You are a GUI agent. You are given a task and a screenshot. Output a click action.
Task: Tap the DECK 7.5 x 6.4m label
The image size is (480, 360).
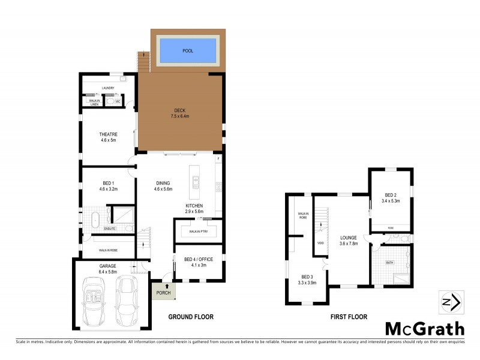(179, 113)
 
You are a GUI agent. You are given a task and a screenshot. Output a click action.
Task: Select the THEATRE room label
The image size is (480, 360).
(108, 137)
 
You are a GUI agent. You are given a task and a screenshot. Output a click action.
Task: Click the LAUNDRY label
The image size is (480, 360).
(108, 88)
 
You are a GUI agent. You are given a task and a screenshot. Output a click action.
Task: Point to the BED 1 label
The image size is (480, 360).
(108, 185)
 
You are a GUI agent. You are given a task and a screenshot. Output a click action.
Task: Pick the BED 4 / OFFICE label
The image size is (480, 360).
(198, 262)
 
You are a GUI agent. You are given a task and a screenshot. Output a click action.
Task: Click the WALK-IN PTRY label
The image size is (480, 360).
(198, 231)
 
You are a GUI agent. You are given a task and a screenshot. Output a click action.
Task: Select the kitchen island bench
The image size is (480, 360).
(195, 182)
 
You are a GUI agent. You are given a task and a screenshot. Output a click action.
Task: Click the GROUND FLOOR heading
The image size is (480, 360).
(190, 317)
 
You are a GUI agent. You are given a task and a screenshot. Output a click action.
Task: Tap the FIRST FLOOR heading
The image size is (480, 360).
(347, 317)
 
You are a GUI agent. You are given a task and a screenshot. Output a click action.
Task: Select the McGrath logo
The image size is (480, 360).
(424, 328)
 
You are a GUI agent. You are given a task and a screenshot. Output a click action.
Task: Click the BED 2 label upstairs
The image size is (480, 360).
(391, 197)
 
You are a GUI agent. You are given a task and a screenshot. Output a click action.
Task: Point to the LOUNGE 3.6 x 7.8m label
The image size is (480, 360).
(349, 240)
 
